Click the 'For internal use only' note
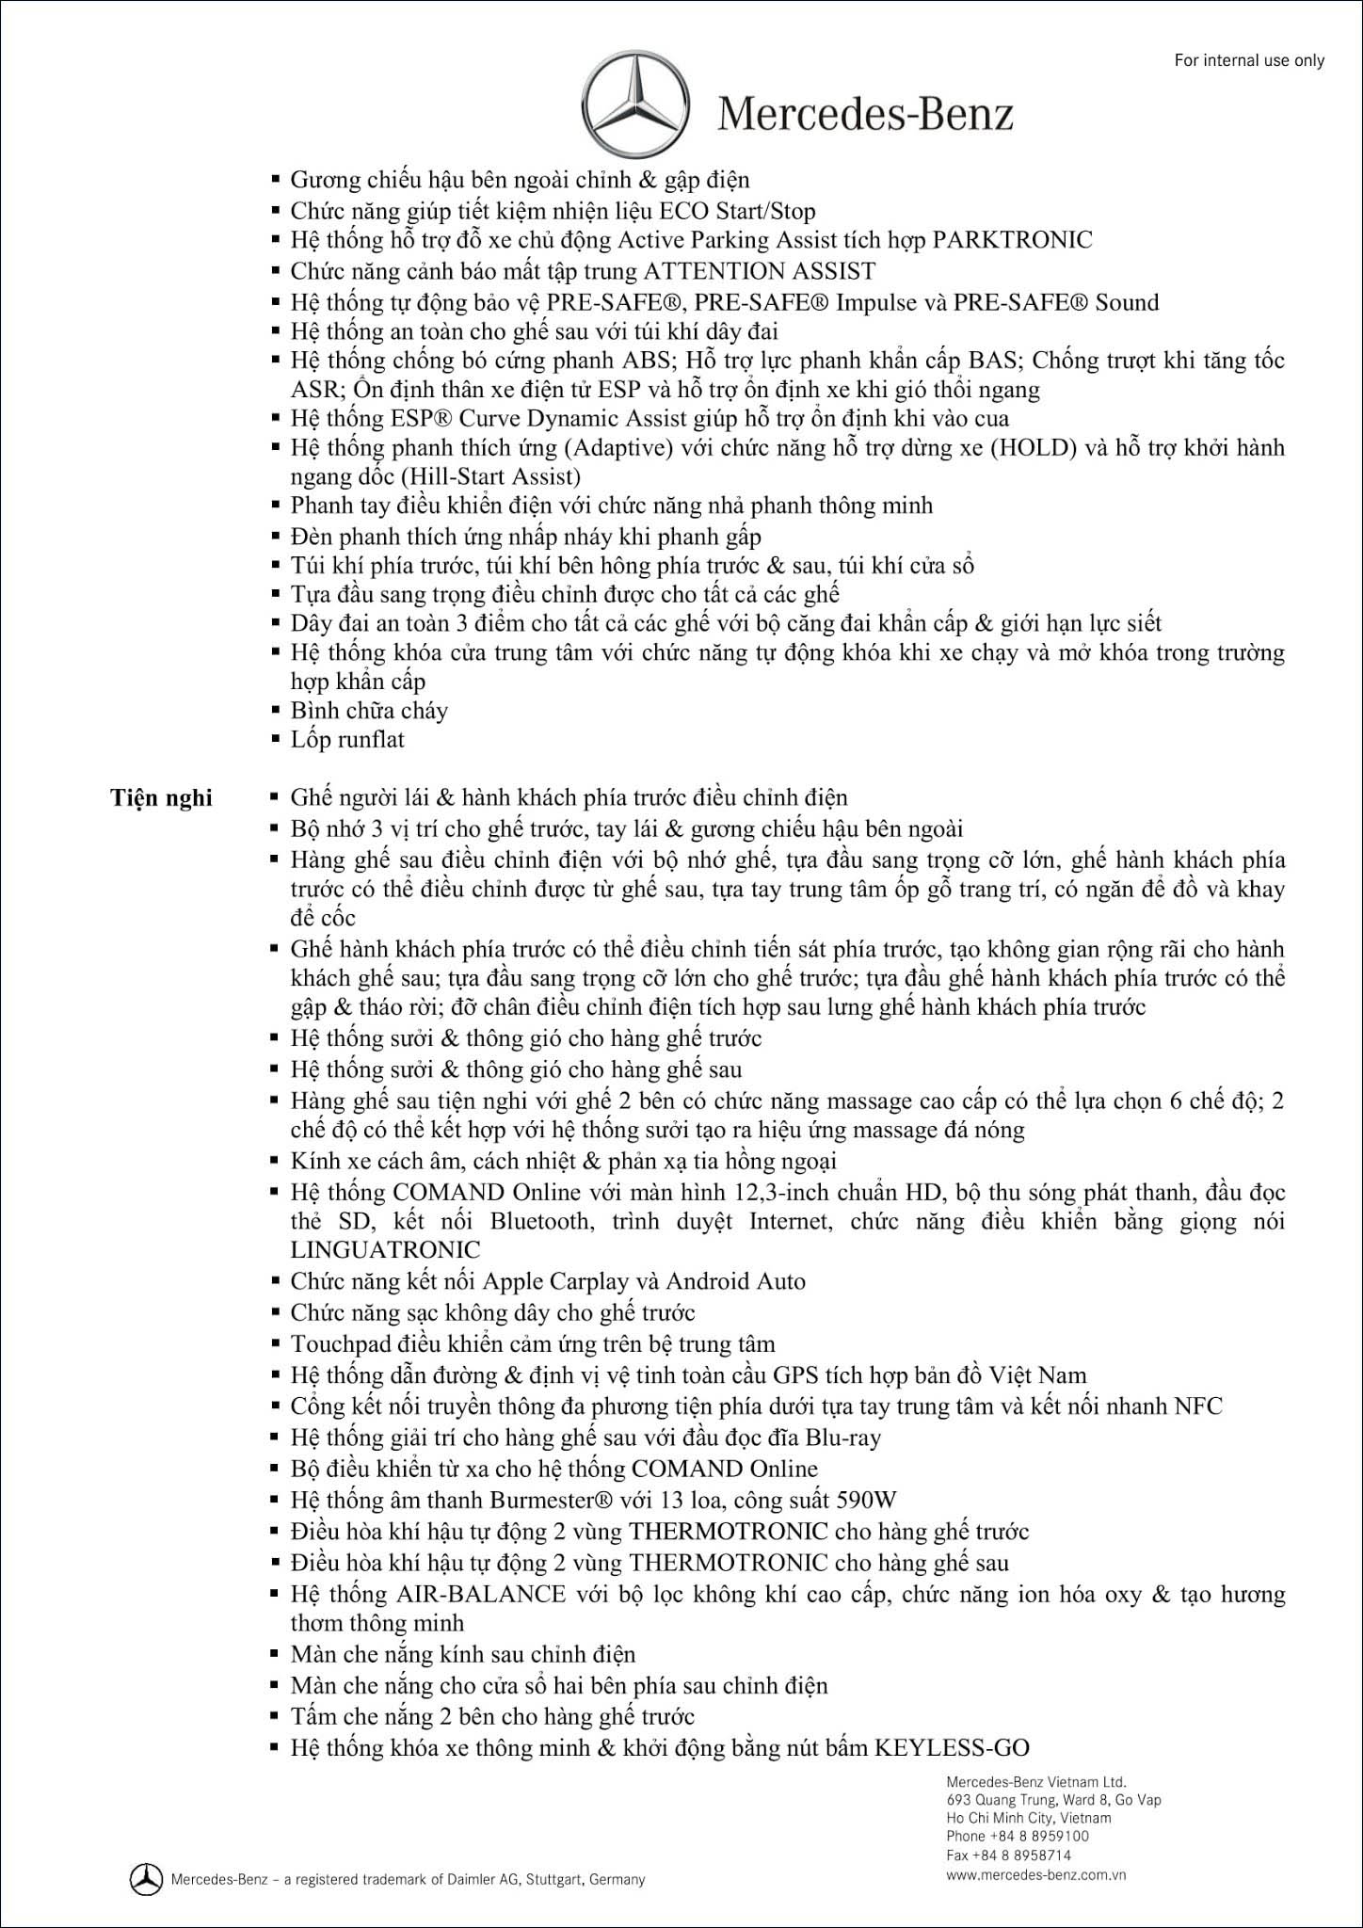pyautogui.click(x=1249, y=60)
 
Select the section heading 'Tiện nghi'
pyautogui.click(x=162, y=798)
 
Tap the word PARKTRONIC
pyautogui.click(x=1012, y=240)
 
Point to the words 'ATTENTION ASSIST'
pyautogui.click(x=759, y=271)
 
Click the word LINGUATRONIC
pyautogui.click(x=385, y=1250)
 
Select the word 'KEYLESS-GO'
pyautogui.click(x=952, y=1748)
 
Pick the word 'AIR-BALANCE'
pyautogui.click(x=481, y=1594)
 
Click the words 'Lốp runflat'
pyautogui.click(x=347, y=740)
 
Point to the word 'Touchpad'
pyautogui.click(x=332, y=1343)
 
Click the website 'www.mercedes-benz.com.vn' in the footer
pyautogui.click(x=1036, y=1874)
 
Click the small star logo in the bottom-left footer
pyautogui.click(x=145, y=1879)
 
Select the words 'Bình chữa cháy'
pyautogui.click(x=369, y=711)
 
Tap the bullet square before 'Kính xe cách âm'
pyautogui.click(x=275, y=1161)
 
